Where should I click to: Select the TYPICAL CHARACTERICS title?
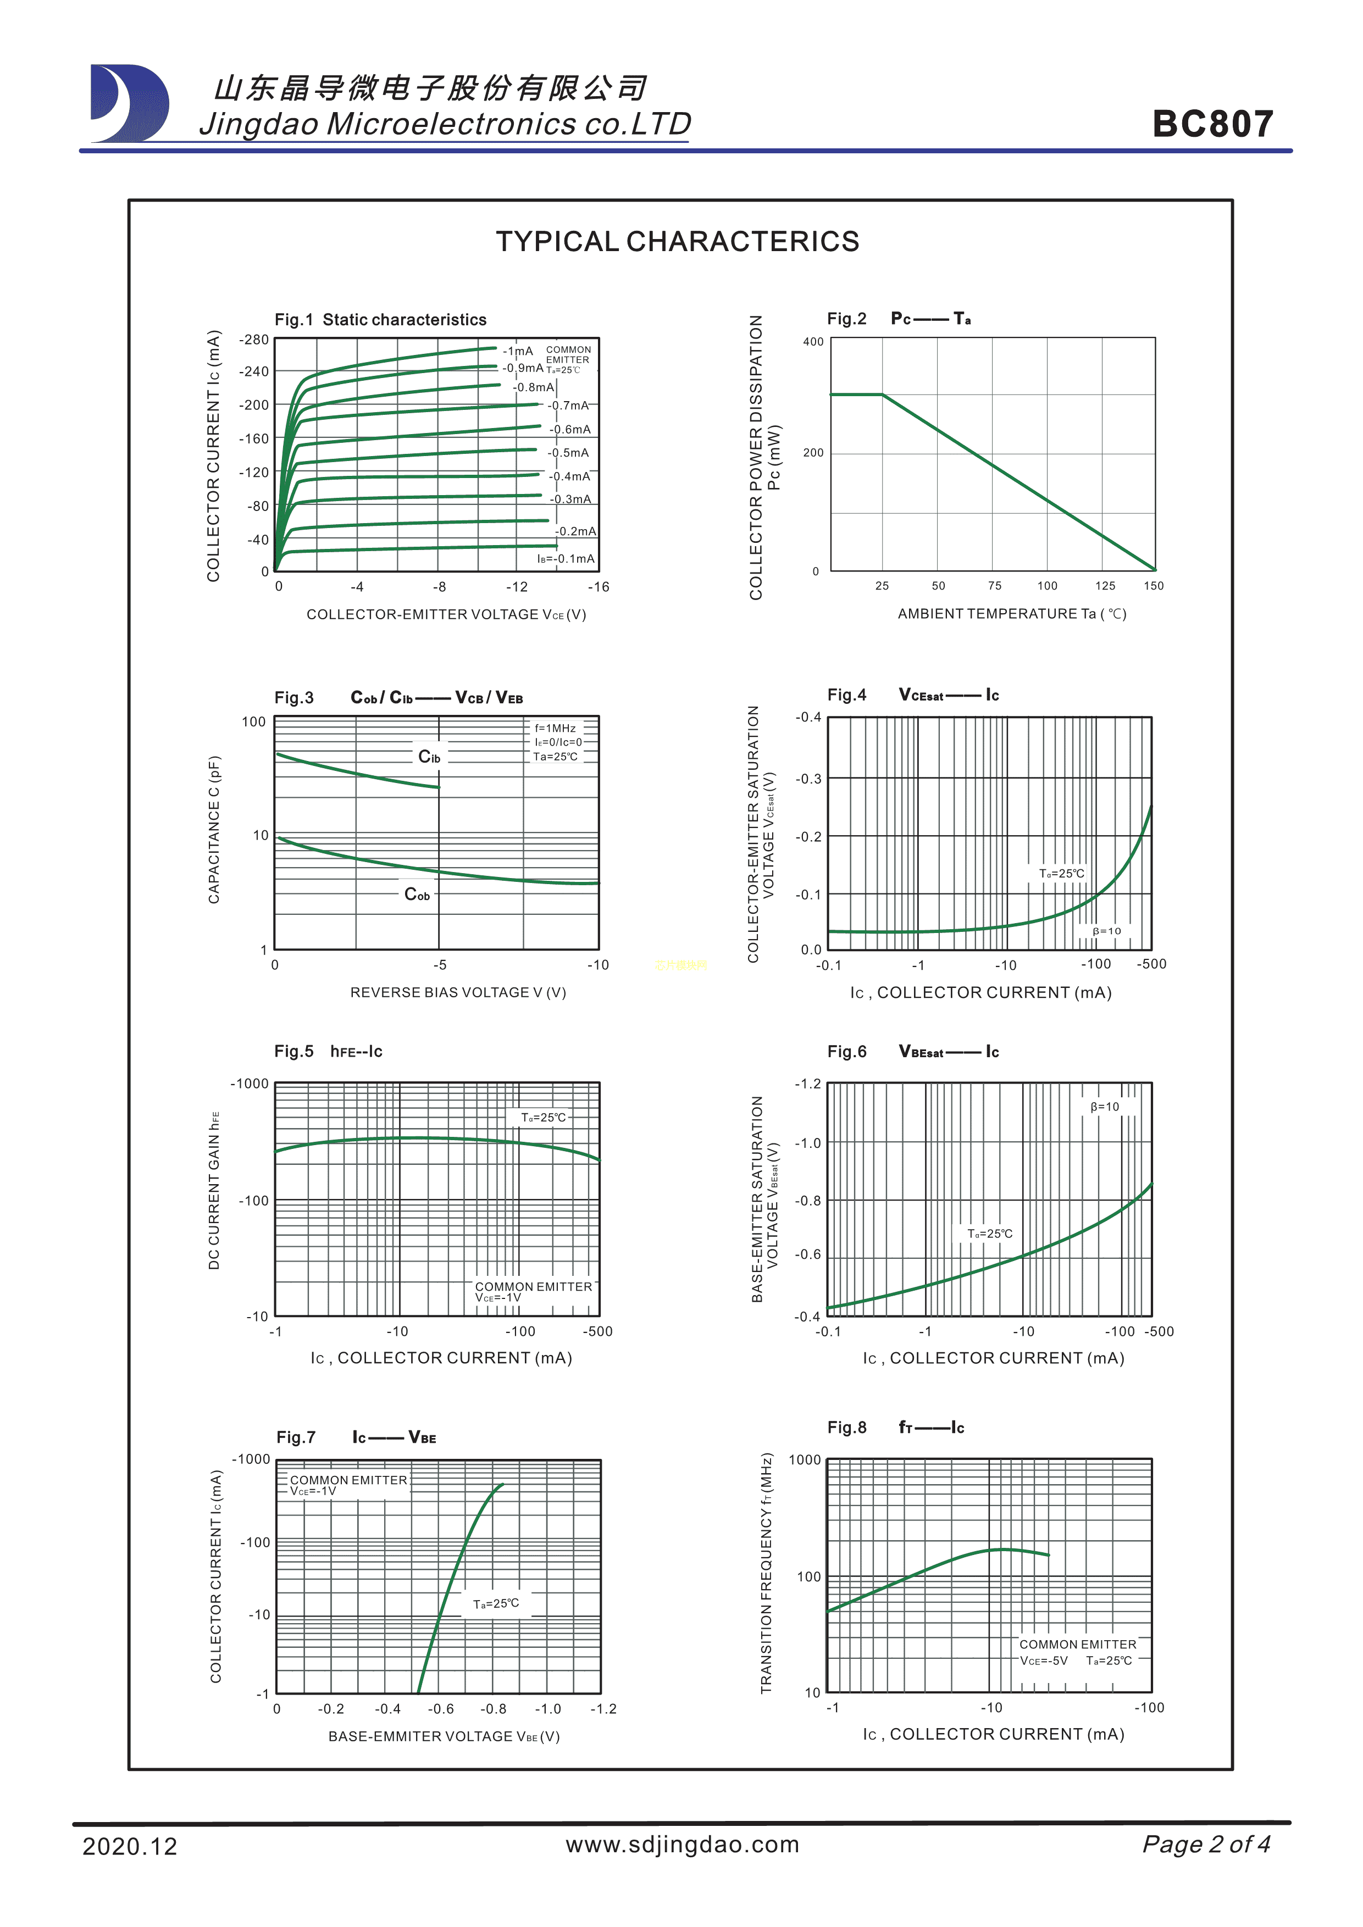click(677, 242)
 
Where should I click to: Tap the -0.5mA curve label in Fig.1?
click(568, 453)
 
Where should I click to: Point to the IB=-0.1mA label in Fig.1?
click(566, 559)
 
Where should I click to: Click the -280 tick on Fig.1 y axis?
click(253, 340)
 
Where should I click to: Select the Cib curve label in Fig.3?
click(429, 757)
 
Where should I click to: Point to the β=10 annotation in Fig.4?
click(1106, 931)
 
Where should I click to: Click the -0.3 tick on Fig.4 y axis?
click(809, 779)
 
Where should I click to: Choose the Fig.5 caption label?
click(293, 1052)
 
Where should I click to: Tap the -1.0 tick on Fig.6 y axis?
click(808, 1143)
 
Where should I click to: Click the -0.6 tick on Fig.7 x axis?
click(441, 1709)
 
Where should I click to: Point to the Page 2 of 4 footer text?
click(1206, 1844)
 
